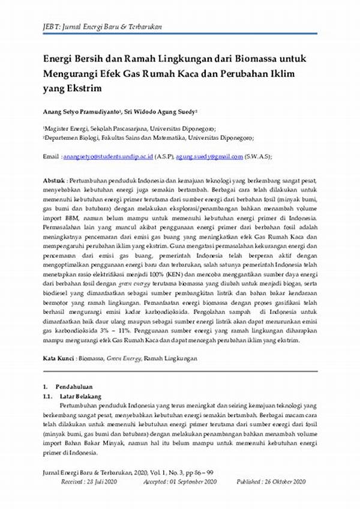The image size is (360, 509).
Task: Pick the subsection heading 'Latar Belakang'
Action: [79, 397]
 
